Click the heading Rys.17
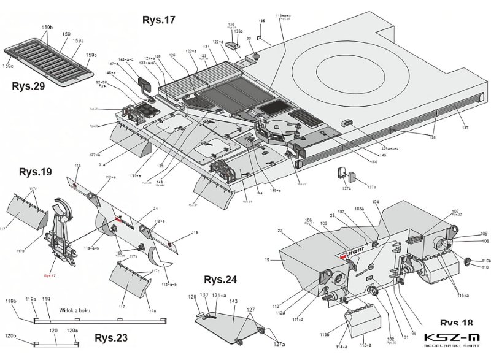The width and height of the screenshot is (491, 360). click(x=158, y=20)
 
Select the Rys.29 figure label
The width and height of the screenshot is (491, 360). click(x=28, y=86)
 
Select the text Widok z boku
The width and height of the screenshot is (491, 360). click(x=75, y=311)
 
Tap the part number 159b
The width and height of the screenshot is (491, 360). click(x=45, y=29)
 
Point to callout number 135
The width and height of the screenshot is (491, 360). click(x=262, y=21)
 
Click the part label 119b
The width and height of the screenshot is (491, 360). click(x=10, y=302)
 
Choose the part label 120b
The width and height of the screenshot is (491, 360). click(x=10, y=337)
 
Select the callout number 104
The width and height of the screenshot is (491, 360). click(x=376, y=202)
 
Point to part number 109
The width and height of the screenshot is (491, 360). click(x=484, y=234)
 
